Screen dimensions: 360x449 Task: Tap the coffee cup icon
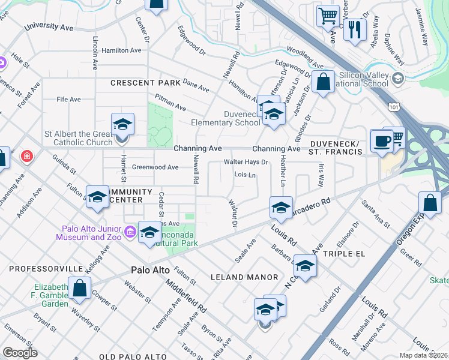click(x=381, y=142)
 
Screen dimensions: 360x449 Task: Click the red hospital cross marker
click(x=26, y=157)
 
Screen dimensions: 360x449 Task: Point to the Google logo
click(x=20, y=353)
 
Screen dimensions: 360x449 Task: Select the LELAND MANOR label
click(x=245, y=277)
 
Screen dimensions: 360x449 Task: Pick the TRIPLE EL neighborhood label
click(x=344, y=254)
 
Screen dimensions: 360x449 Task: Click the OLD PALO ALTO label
click(x=133, y=356)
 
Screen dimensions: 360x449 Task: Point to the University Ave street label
click(x=49, y=27)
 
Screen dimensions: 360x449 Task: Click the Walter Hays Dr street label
click(x=246, y=162)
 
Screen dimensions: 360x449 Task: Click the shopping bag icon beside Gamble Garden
click(x=79, y=288)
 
